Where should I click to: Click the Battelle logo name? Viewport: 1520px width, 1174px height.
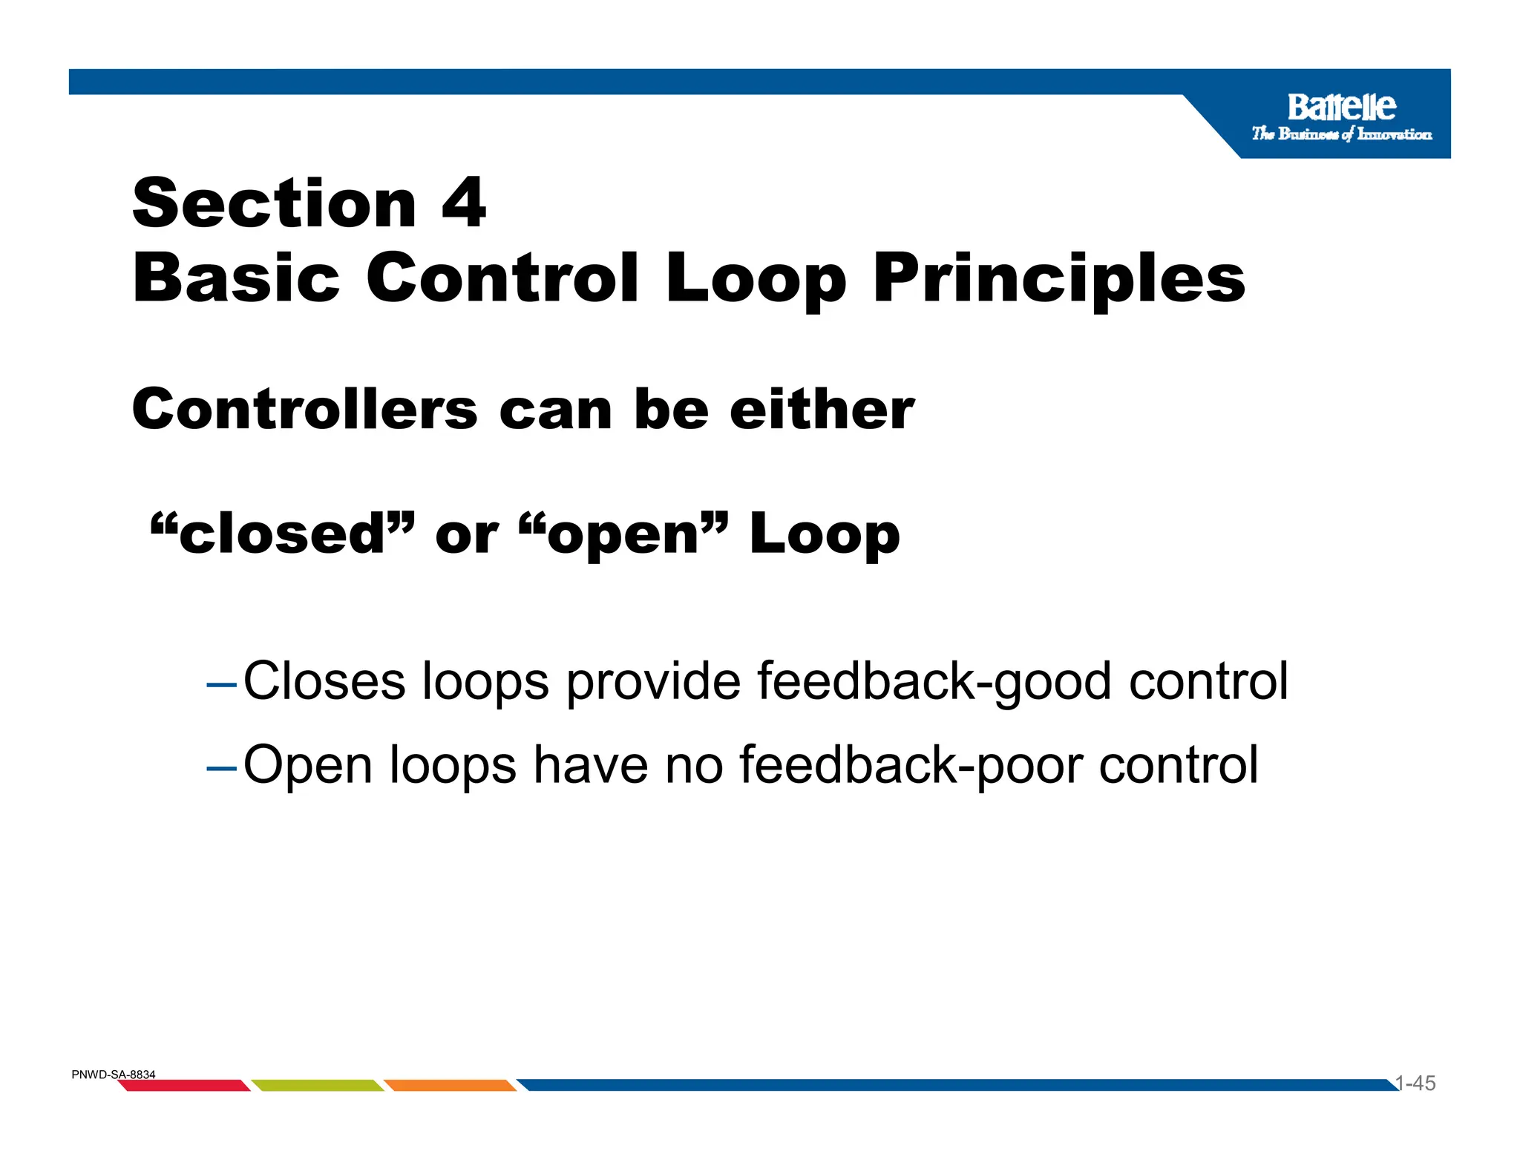[1341, 108]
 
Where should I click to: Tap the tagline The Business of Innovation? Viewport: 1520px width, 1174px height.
[1341, 134]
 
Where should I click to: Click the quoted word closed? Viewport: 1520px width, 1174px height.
[282, 534]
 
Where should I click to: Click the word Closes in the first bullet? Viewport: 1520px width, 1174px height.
[324, 681]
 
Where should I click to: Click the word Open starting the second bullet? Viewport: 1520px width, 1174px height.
[308, 765]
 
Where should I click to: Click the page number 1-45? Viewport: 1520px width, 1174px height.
[1415, 1083]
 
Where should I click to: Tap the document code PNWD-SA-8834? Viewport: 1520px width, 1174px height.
[114, 1075]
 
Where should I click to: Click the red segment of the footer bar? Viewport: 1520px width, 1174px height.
[184, 1086]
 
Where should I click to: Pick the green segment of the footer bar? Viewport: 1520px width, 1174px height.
[318, 1086]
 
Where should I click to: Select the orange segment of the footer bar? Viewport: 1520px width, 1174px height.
[450, 1086]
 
